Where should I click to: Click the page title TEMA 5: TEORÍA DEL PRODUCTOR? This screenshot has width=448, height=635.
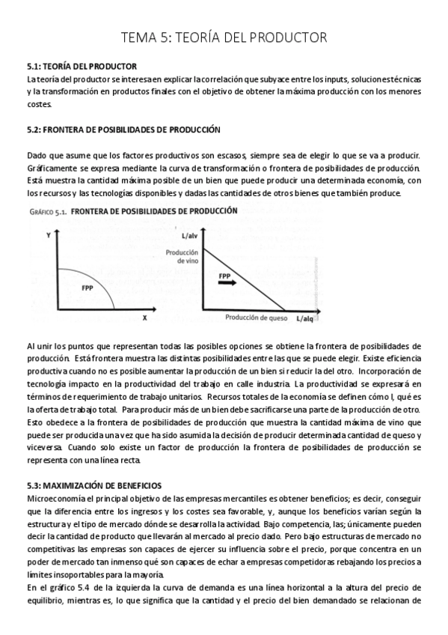(x=224, y=37)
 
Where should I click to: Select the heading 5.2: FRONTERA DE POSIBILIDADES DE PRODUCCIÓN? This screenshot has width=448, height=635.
(x=123, y=130)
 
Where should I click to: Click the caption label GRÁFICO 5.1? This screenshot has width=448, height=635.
(x=49, y=211)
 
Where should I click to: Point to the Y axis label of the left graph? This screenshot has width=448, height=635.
(x=48, y=235)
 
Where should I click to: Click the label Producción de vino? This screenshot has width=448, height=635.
(x=182, y=256)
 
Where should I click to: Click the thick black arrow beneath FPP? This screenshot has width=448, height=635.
(x=228, y=284)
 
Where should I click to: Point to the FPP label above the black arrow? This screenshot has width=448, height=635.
(x=224, y=276)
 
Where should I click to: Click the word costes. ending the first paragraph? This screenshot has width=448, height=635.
(x=39, y=104)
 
